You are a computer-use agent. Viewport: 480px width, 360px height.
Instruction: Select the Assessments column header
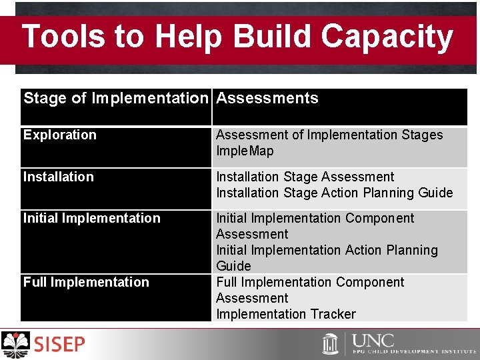pos(267,99)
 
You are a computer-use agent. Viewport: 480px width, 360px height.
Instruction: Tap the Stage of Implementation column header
pos(116,99)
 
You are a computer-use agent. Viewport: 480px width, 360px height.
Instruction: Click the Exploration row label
pos(60,135)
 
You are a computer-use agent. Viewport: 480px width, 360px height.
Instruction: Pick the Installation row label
pos(59,177)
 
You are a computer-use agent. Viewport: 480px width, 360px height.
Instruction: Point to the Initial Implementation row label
pos(92,218)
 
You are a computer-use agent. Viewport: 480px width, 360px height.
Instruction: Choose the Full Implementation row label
pos(86,282)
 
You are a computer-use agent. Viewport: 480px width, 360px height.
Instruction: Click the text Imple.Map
pos(245,151)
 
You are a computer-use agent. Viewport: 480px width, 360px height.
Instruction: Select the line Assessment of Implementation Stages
pos(329,135)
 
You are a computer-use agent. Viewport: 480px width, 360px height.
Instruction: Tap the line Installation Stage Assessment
pos(305,177)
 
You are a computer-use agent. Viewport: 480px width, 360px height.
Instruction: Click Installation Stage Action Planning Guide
pos(334,193)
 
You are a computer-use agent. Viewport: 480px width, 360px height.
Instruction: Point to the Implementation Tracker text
pos(286,314)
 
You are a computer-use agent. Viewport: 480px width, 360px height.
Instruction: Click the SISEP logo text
pos(60,344)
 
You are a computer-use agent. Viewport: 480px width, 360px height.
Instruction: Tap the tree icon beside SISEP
pos(16,344)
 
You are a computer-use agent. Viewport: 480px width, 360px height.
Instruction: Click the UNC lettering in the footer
pos(373,340)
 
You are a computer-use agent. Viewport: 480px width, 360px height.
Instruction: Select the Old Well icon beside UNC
pos(331,344)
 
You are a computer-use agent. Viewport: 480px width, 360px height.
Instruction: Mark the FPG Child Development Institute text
pos(413,351)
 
